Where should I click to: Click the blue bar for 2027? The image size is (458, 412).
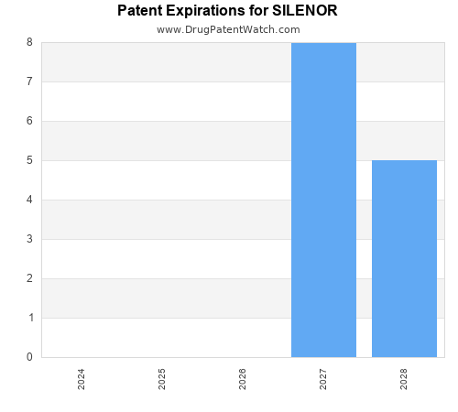pos(323,200)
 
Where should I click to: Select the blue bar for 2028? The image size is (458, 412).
pos(404,258)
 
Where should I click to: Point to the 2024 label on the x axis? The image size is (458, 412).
pos(82,379)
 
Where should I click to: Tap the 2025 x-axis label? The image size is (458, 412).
pos(162,379)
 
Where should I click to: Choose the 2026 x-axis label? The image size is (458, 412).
pos(243,379)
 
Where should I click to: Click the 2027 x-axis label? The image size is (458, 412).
pos(323,379)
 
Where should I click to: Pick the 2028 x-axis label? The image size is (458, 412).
pos(404,379)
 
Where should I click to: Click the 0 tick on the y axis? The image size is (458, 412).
pos(29,357)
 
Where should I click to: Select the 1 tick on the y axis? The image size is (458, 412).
pos(29,318)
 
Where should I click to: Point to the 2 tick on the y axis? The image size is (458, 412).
pos(29,278)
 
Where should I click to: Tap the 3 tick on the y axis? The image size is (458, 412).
pos(29,239)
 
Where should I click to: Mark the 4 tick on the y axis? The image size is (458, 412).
pos(29,200)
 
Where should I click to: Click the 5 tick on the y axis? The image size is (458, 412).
pos(29,160)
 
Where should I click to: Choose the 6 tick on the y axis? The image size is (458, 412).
pos(29,121)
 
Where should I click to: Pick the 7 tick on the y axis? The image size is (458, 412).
pos(29,81)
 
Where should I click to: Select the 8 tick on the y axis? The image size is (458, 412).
pos(29,42)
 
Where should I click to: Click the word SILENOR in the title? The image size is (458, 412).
pos(306,11)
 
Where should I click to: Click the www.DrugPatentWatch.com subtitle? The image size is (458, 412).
pos(228,29)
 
